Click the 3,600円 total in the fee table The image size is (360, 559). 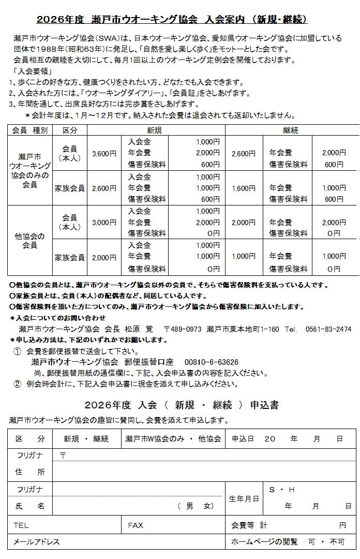point(104,153)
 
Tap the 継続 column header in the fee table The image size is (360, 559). point(291,130)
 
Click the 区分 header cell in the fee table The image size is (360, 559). point(70,130)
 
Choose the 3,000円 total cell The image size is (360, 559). point(104,223)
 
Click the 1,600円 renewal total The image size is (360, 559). point(244,188)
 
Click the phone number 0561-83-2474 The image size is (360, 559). point(328,329)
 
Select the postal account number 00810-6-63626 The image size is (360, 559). point(211,362)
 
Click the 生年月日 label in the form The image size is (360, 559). point(244,498)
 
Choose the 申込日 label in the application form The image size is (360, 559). point(241,438)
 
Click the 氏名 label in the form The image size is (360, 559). point(30,506)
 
